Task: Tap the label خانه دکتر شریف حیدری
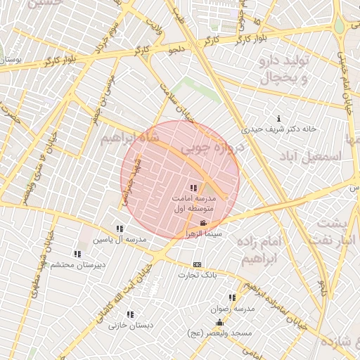coord(279,129)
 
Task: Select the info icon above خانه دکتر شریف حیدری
coord(279,118)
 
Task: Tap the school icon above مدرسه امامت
coord(193,188)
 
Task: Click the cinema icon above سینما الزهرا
coord(203,223)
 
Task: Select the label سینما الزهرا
coord(203,233)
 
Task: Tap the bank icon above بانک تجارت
coord(197,264)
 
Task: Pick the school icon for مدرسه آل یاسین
coord(120,229)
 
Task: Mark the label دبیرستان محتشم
coord(80,264)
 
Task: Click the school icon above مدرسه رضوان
coord(232,297)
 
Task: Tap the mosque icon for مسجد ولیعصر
coord(219,323)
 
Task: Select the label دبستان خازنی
coord(131,326)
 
